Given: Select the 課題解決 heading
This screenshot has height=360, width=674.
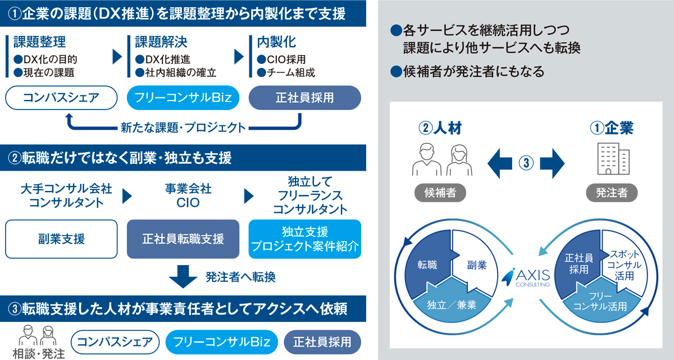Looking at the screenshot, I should [161, 43].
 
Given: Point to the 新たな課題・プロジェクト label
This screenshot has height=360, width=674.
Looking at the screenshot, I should [183, 127].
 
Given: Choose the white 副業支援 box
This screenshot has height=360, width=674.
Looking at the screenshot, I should [61, 239].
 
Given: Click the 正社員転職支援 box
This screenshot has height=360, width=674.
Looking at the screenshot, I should [183, 239].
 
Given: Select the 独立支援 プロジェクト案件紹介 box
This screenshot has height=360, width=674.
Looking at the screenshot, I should [304, 239].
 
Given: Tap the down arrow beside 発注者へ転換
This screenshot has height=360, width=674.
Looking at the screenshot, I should [183, 276].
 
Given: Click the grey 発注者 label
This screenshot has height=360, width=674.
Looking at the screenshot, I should [611, 193].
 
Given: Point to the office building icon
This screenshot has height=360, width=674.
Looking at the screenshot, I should [611, 159].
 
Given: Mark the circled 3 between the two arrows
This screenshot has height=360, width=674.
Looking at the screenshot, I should [526, 163].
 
